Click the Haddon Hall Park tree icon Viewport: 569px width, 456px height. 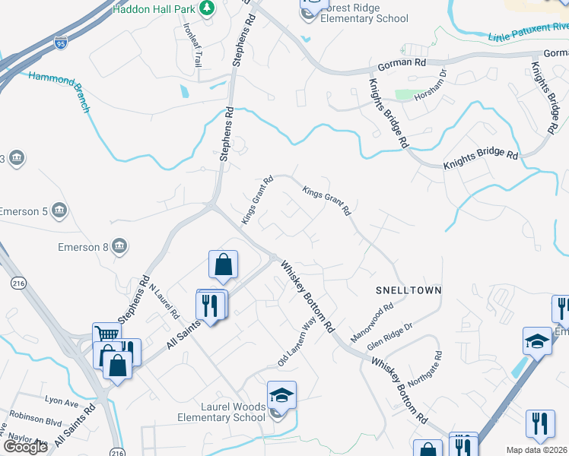click(x=206, y=8)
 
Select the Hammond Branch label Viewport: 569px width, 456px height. click(x=59, y=90)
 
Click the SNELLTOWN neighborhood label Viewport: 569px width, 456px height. click(x=408, y=291)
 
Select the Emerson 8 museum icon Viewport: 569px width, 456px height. click(x=119, y=245)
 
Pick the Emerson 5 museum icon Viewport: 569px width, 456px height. click(x=60, y=210)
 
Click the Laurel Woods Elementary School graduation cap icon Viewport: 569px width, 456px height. click(x=281, y=394)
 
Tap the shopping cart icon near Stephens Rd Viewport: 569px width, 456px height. click(x=106, y=335)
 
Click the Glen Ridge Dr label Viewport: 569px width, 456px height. click(x=389, y=336)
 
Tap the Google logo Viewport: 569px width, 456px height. click(x=26, y=446)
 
